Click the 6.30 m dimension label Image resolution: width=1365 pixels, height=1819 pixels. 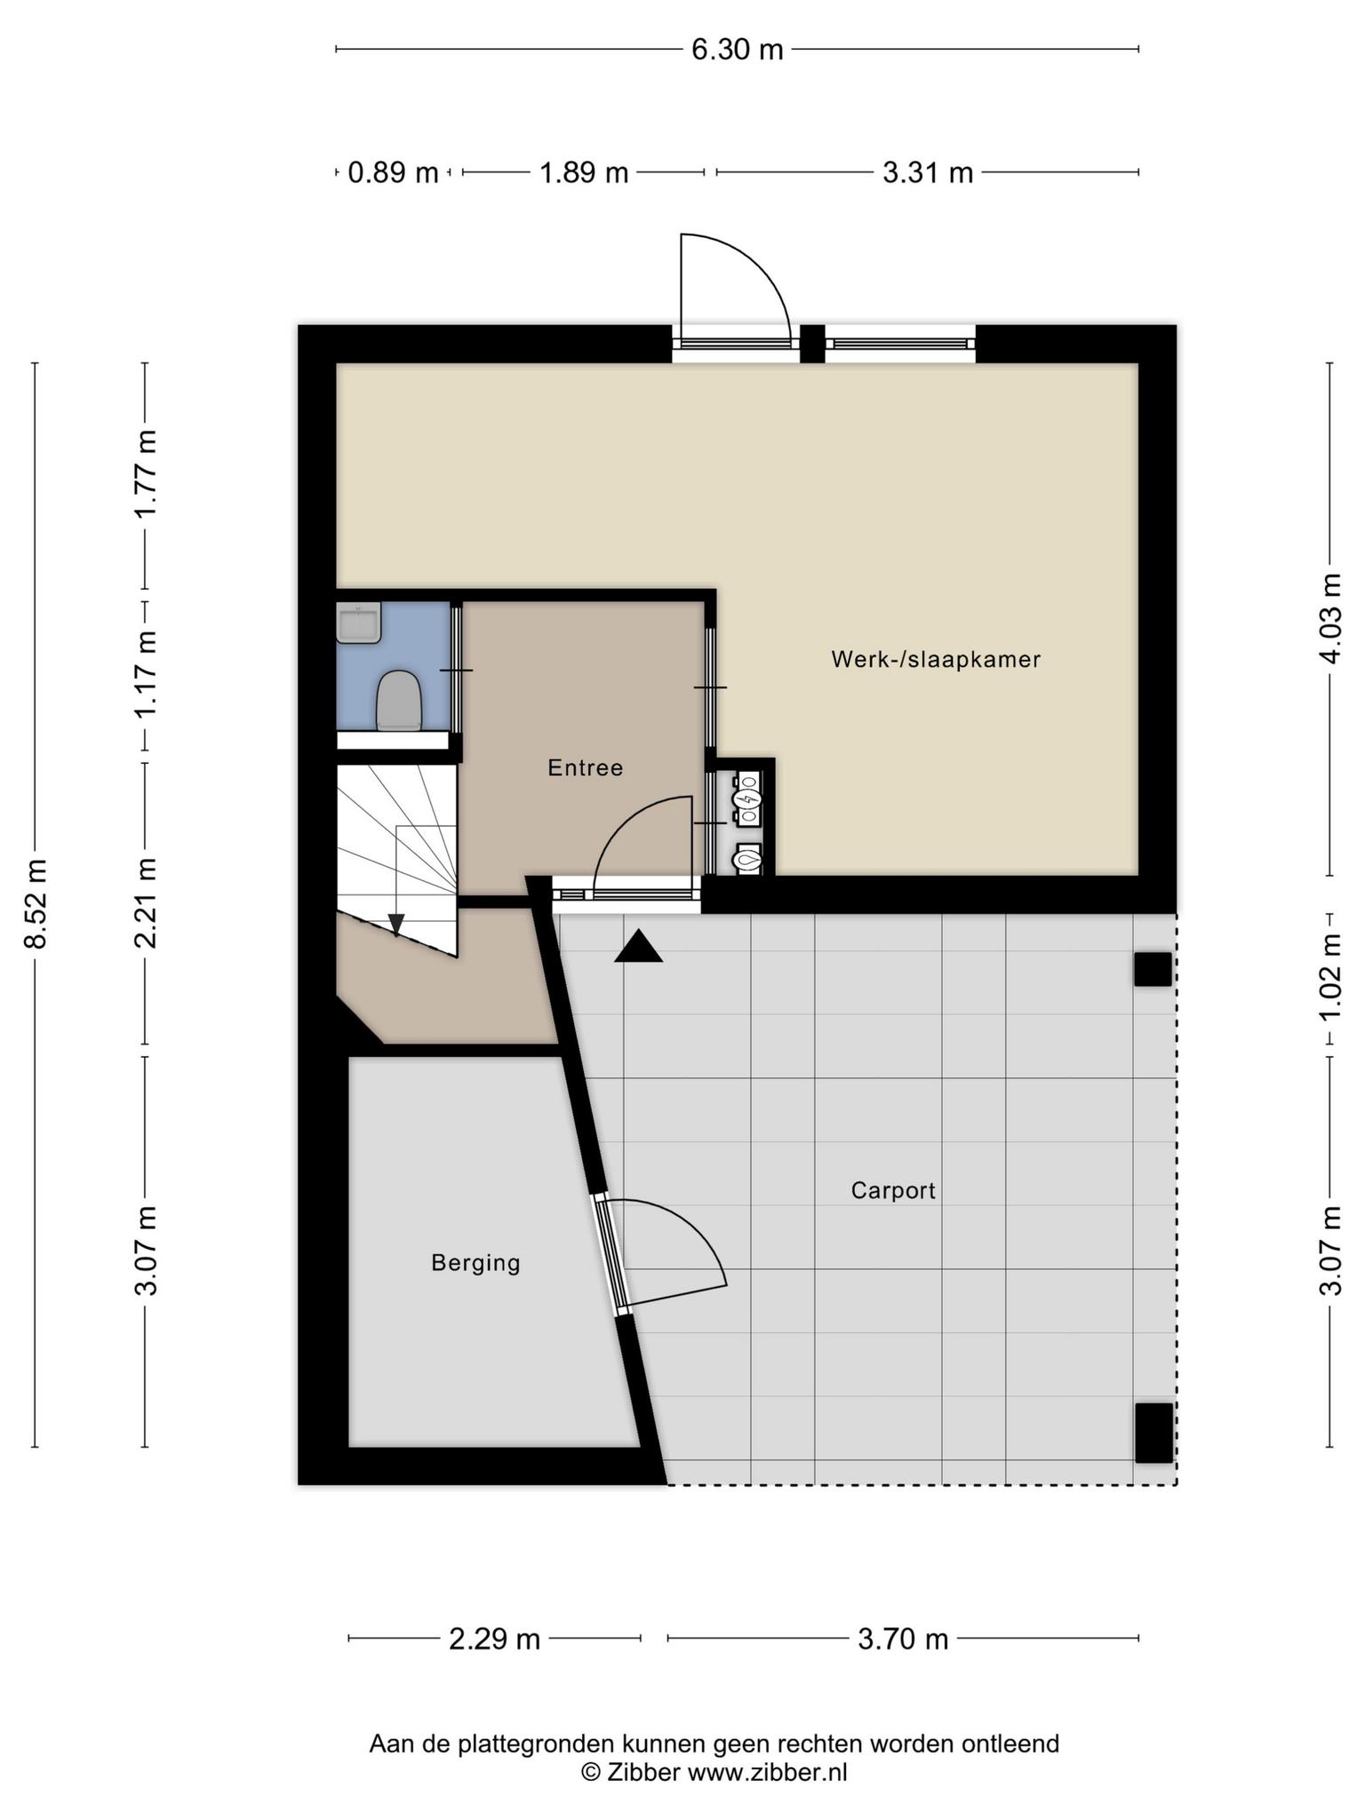738,50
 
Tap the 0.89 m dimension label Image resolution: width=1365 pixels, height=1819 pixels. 393,172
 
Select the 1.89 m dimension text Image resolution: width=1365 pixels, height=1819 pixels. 584,172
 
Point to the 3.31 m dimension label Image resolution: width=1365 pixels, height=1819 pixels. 928,172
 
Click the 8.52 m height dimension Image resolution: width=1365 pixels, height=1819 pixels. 36,903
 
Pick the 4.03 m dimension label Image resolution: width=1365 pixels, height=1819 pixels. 1330,618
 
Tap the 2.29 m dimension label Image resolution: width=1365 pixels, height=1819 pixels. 494,1639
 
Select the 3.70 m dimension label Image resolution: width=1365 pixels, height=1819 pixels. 903,1639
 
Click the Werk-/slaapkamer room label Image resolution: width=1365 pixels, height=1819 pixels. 936,660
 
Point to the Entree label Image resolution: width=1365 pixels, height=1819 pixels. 586,767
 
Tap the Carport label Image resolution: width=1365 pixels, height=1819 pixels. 893,1190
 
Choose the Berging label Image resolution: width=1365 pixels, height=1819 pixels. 475,1263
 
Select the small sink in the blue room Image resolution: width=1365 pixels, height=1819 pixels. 359,623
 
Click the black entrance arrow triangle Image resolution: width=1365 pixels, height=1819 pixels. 639,947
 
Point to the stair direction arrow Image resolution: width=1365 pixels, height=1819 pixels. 396,925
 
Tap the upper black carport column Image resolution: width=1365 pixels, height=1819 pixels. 1153,970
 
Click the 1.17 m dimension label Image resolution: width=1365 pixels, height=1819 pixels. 146,675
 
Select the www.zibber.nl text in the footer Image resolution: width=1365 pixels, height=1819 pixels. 768,1772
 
